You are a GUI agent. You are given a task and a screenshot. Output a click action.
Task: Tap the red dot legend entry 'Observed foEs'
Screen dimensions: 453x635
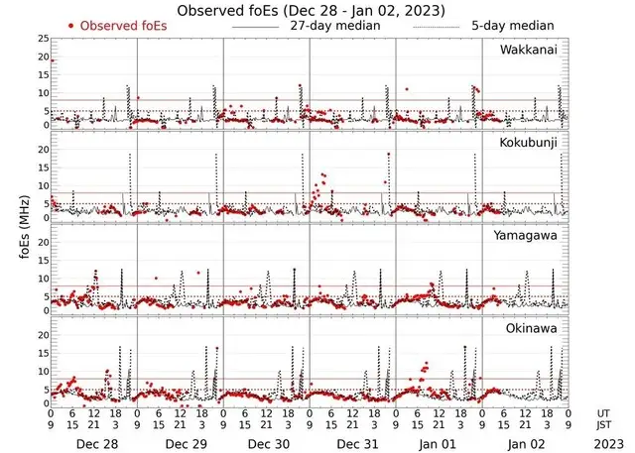point(114,25)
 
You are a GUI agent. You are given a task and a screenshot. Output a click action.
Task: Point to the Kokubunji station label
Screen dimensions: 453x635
point(528,144)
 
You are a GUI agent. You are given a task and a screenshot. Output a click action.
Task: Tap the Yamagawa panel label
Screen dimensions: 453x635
point(526,237)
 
